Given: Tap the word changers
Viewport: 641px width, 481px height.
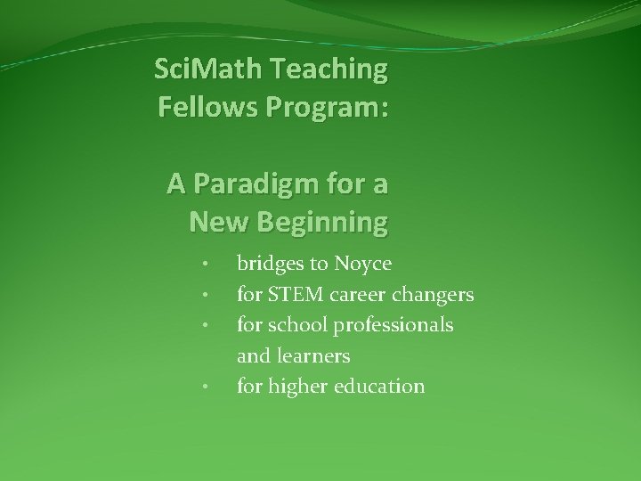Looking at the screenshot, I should click(440, 296).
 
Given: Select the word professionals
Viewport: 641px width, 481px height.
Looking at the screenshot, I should click(393, 326).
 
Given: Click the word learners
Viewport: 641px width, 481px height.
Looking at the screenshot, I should click(313, 356).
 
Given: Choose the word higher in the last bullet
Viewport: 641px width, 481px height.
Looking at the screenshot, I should click(298, 387).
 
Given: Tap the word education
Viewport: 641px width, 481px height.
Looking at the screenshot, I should click(381, 387).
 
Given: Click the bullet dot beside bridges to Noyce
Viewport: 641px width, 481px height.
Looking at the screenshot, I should click(205, 265).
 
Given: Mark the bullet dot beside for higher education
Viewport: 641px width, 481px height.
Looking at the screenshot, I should click(205, 387).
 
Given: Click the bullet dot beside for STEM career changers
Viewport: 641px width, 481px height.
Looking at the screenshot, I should click(205, 295).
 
